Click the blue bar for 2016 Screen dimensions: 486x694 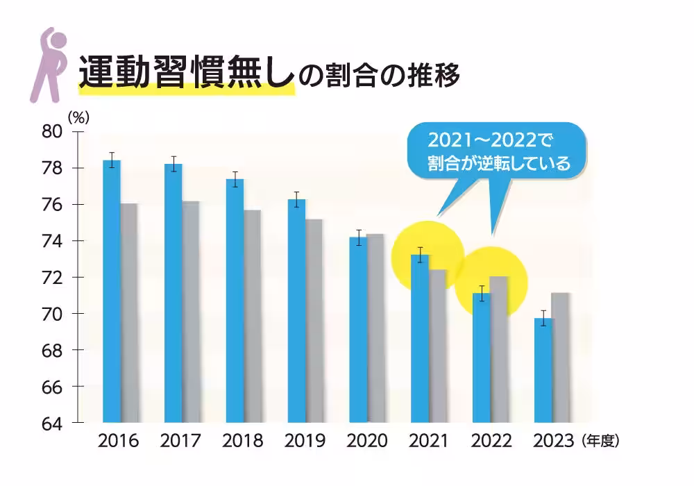pos(111,292)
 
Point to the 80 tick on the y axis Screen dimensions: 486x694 pos(53,132)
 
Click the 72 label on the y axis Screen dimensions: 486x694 pos(53,278)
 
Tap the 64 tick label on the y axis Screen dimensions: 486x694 pos(53,423)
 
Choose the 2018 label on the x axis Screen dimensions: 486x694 pos(244,441)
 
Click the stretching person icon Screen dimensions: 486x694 pos(46,64)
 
